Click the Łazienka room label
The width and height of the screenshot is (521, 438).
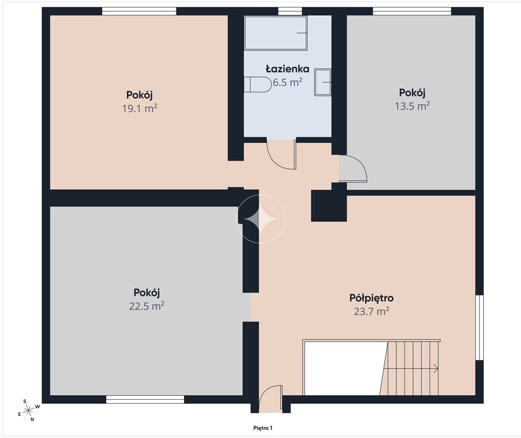(x=287, y=69)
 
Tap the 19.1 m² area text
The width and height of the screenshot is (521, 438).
(x=139, y=108)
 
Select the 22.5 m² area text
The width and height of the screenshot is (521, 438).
(x=146, y=306)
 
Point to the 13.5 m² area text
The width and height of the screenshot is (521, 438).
(x=412, y=106)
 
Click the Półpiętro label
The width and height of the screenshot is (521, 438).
(x=371, y=298)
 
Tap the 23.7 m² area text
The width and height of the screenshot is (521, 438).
(x=371, y=311)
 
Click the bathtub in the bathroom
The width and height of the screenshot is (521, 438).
(x=276, y=33)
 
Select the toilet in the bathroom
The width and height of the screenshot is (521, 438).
(x=258, y=84)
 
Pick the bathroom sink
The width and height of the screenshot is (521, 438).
(x=323, y=82)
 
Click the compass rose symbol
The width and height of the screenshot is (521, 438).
(x=29, y=411)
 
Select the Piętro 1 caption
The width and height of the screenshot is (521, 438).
(x=263, y=428)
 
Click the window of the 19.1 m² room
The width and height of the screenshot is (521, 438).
(x=139, y=11)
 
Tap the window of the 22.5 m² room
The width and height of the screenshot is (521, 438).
(x=145, y=399)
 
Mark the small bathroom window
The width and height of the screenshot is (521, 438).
(x=290, y=11)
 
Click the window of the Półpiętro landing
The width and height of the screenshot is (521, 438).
(x=479, y=327)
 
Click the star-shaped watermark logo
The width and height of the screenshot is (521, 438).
(x=260, y=219)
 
